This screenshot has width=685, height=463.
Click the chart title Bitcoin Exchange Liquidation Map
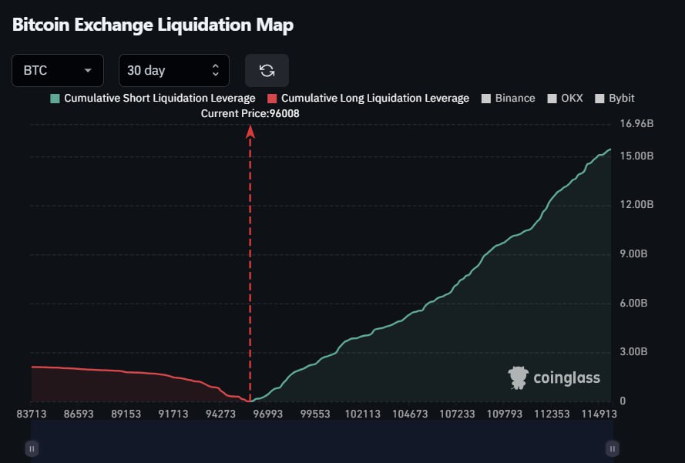coord(153,25)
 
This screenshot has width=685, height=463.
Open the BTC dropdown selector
coord(58,70)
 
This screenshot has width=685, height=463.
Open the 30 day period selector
coord(173,70)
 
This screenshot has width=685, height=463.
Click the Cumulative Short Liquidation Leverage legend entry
coord(152,99)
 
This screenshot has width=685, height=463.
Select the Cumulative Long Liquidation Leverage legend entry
coord(368,99)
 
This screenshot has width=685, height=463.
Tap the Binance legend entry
coord(508,99)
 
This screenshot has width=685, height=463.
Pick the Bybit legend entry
coord(615,99)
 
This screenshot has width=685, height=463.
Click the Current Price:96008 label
coord(250,113)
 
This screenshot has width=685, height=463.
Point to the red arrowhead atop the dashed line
coord(250,132)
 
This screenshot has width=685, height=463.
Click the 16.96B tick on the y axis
coord(636,123)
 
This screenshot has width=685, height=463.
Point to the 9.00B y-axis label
coord(636,254)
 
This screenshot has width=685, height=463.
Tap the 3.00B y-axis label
coord(636,352)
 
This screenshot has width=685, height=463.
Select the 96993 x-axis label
coord(268,414)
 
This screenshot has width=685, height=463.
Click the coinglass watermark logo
coord(554,377)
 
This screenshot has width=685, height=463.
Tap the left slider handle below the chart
coord(32,448)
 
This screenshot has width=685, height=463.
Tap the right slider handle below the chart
coord(612,448)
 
